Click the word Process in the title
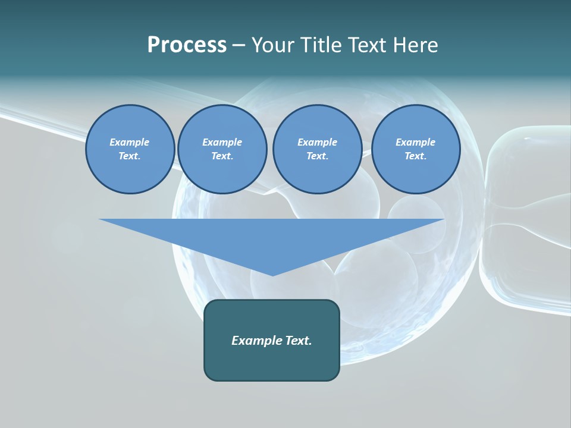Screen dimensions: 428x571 187,45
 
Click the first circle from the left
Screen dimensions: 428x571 130,149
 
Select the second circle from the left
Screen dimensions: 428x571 222,149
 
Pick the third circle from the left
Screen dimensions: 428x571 317,149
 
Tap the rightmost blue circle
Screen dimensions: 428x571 415,149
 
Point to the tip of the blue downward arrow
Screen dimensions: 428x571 272,275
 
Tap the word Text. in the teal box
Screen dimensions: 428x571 299,341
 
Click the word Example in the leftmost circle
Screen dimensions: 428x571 130,142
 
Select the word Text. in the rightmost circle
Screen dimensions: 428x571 415,156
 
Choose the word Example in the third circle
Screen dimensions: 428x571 317,142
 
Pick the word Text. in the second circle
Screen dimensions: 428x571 222,156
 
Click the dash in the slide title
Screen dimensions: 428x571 239,45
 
